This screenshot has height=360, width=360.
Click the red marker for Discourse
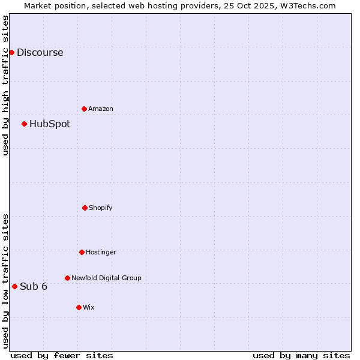pos(11,52)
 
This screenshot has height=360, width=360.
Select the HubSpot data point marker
pos(24,124)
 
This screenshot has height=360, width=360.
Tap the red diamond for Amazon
pos(84,109)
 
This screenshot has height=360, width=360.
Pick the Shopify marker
pos(85,208)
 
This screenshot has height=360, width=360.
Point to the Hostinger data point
pos(82,252)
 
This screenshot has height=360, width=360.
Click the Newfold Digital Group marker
pos(67,278)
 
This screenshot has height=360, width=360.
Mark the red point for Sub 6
pos(14,286)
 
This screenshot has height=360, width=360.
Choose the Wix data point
pos(79,307)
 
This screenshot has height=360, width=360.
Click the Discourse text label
pos(40,52)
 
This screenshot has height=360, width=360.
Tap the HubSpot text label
pos(50,124)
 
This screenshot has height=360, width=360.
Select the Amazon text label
pos(101,109)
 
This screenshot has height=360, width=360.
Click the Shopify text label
pos(101,208)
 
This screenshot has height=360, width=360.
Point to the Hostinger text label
pos(101,252)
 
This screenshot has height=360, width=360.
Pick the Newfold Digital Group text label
pos(106,278)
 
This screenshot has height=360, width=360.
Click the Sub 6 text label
pos(34,286)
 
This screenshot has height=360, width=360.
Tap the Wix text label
pos(89,307)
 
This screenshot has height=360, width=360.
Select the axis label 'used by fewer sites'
pos(62,355)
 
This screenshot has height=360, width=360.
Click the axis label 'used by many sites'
pos(301,355)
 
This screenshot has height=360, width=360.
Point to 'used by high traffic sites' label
pos(5,85)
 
